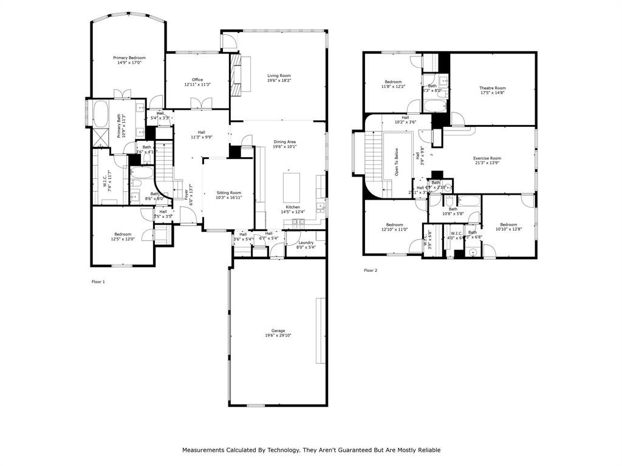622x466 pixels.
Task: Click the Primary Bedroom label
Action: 129,58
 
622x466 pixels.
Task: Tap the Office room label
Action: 197,79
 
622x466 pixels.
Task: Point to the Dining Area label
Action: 284,142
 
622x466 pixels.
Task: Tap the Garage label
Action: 278,331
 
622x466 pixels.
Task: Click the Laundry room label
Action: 306,243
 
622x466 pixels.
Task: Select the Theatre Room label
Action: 493,88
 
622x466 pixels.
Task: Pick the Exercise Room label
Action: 487,158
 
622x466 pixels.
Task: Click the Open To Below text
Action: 395,162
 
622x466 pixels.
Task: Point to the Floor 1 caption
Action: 98,282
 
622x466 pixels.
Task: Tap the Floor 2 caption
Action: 371,270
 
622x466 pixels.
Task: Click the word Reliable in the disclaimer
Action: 427,450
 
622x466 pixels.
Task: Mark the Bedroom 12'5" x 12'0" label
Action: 123,234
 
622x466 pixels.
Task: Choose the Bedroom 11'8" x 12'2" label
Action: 393,82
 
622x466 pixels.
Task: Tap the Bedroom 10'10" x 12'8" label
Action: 508,225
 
